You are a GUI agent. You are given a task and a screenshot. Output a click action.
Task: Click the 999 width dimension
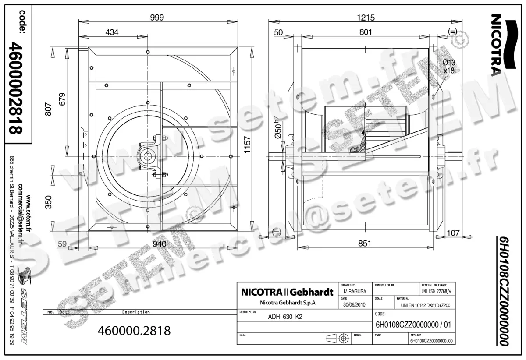(x=156, y=18)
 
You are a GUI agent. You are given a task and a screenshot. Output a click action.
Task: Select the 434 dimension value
(x=112, y=32)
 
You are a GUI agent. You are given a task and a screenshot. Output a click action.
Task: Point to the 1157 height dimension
(x=248, y=143)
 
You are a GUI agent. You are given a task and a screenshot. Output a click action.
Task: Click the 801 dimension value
(x=366, y=32)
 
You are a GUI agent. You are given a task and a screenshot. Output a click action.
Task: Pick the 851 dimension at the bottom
(x=364, y=243)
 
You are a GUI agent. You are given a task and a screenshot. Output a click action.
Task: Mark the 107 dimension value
(x=453, y=233)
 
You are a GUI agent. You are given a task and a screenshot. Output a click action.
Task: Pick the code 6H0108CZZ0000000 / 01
(x=413, y=325)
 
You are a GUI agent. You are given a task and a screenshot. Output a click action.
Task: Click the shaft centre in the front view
(x=147, y=156)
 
